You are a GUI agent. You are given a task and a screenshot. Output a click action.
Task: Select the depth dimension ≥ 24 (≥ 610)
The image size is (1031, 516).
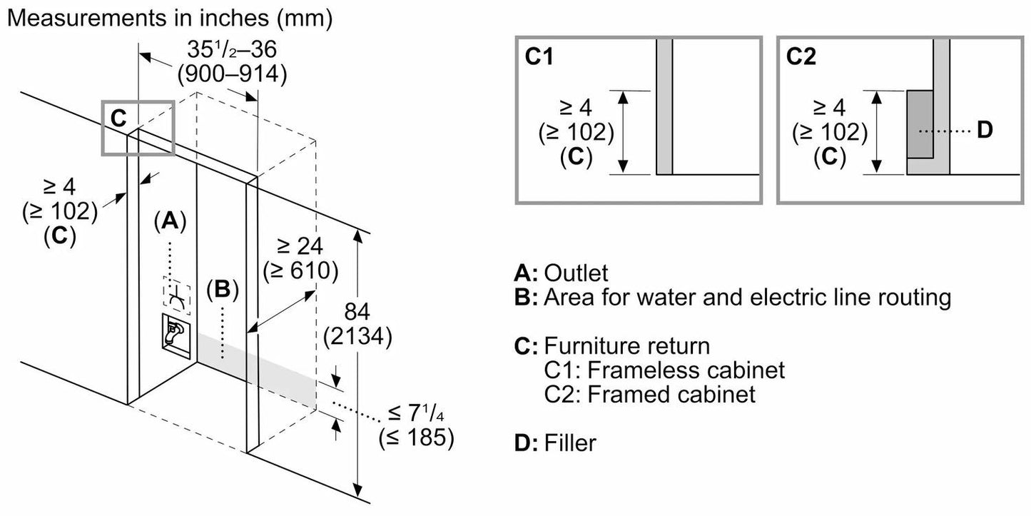[299, 258]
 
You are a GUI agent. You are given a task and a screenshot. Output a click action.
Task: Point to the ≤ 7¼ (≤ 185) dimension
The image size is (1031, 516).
[417, 426]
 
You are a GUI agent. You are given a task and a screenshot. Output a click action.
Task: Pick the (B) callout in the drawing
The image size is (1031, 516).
[222, 290]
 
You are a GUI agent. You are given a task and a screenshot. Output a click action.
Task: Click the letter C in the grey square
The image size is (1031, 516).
[118, 118]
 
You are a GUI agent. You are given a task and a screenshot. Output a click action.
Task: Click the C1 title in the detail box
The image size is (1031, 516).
[540, 57]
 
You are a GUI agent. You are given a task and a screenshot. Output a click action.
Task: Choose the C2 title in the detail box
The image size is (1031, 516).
[801, 57]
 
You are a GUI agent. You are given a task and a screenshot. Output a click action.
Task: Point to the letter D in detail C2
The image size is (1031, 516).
[984, 131]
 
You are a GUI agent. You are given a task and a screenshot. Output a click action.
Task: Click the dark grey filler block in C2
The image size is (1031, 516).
[920, 125]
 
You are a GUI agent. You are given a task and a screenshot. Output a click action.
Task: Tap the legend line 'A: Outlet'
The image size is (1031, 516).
[561, 272]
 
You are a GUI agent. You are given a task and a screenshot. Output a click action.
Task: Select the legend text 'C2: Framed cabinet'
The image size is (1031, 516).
[649, 394]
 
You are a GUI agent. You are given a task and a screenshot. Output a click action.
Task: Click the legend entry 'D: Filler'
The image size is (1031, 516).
[554, 443]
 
